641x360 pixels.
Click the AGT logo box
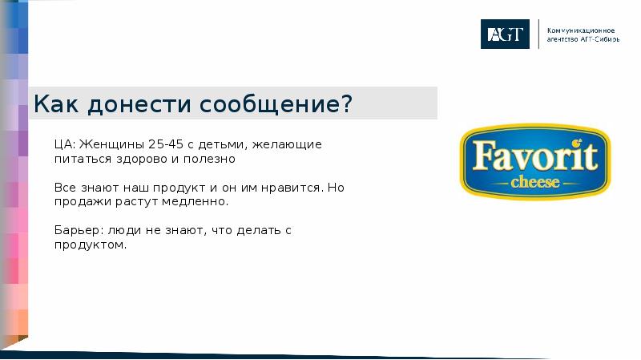pyautogui.click(x=505, y=34)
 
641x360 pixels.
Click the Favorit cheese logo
pyautogui.click(x=534, y=162)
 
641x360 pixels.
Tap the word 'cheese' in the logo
pyautogui.click(x=534, y=182)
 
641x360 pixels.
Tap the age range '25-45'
pyautogui.click(x=164, y=145)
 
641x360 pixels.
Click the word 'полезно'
pyautogui.click(x=212, y=160)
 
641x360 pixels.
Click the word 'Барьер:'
pyautogui.click(x=77, y=231)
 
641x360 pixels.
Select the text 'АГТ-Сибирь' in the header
pyautogui.click(x=597, y=38)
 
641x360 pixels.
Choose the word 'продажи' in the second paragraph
pyautogui.click(x=79, y=202)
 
